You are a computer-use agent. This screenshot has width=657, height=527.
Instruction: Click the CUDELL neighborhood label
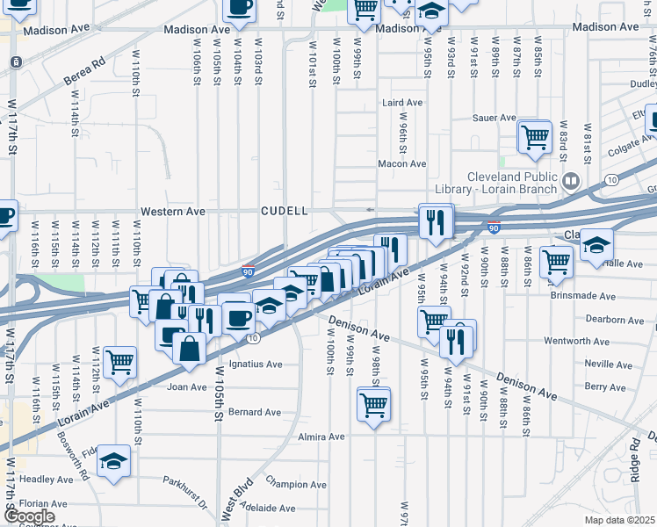point(284,212)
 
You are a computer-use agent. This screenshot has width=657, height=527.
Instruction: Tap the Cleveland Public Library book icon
point(571,182)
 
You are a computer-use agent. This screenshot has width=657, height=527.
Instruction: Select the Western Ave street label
point(174,212)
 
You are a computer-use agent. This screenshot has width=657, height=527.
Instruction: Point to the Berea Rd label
point(84,72)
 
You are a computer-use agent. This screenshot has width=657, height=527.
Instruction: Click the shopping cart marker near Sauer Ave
point(534,137)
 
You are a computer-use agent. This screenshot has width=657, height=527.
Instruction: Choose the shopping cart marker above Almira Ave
point(373,405)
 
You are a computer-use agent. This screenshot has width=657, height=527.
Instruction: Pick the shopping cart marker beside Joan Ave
point(119,361)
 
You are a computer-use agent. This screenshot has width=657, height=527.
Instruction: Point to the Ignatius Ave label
point(255,364)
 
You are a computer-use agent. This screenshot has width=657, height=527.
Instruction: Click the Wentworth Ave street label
point(576,341)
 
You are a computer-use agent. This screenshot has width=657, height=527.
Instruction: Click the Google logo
point(29,516)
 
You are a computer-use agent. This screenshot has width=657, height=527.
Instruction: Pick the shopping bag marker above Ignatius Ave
point(190,349)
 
